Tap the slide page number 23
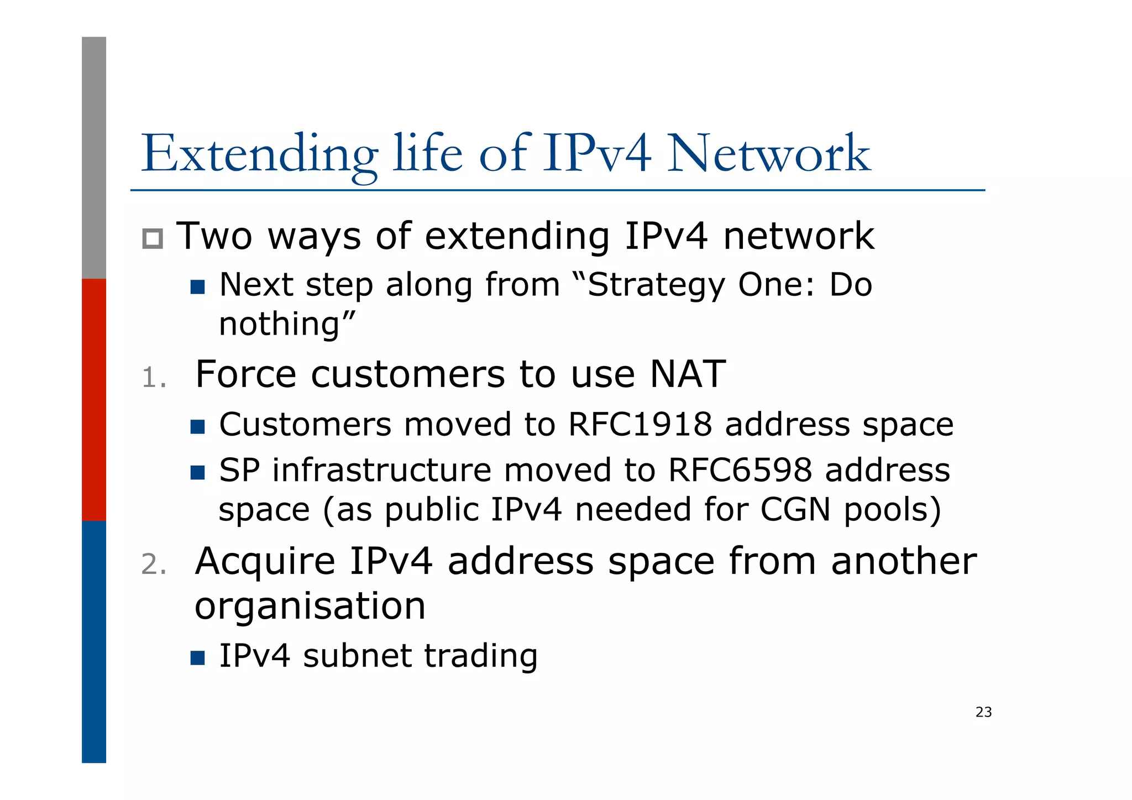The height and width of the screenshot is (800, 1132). click(x=983, y=712)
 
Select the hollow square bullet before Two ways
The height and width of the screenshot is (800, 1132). click(x=153, y=239)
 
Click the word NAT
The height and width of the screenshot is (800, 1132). click(x=687, y=374)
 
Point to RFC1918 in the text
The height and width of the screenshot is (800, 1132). click(x=640, y=425)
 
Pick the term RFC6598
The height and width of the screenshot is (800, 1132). click(x=740, y=470)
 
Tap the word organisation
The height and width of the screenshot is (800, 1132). click(x=310, y=606)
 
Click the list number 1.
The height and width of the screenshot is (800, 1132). click(x=153, y=379)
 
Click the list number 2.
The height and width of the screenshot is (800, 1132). click(x=153, y=565)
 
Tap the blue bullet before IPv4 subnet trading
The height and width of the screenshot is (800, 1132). click(x=197, y=658)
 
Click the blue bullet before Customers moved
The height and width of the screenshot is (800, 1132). click(x=197, y=427)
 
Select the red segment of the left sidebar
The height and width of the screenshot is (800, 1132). click(x=94, y=399)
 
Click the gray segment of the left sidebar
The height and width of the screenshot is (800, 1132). click(x=94, y=158)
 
